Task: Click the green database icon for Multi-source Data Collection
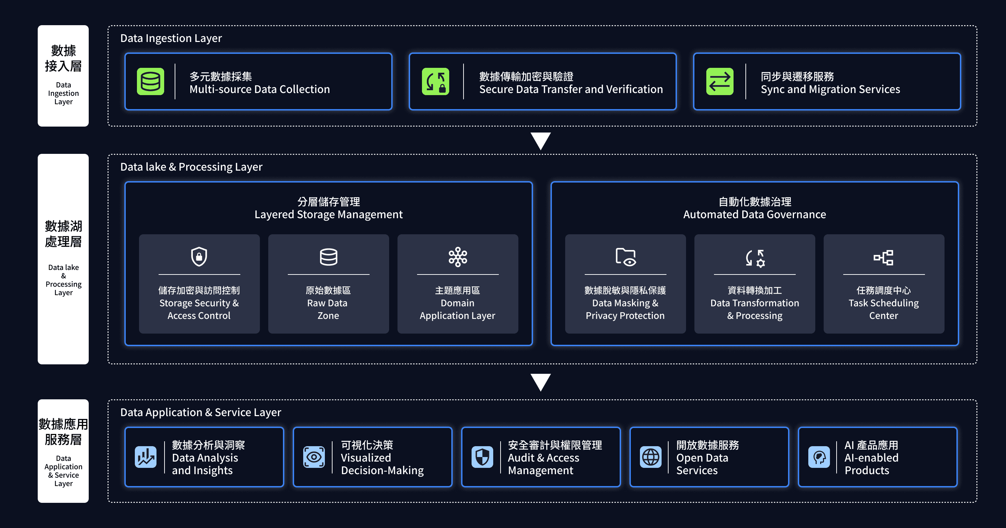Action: tap(150, 82)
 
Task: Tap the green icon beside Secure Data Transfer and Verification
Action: tap(436, 82)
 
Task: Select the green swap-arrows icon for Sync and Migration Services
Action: tap(719, 82)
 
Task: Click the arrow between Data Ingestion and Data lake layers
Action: tap(540, 141)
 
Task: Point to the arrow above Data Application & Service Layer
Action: tap(540, 382)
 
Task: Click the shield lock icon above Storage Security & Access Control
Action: tap(199, 257)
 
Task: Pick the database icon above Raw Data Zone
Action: tap(328, 257)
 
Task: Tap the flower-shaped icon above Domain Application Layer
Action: tap(458, 257)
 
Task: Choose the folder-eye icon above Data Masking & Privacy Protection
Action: tap(625, 257)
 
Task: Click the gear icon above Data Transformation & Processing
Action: tap(755, 258)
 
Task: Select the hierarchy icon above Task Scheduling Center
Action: tap(883, 258)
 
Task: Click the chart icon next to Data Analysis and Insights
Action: tap(146, 457)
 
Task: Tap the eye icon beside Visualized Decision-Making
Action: tap(314, 457)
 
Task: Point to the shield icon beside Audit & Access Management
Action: tap(482, 457)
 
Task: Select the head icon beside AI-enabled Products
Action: tap(819, 457)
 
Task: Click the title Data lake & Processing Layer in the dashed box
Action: tap(191, 167)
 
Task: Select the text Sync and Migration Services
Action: tap(830, 89)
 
